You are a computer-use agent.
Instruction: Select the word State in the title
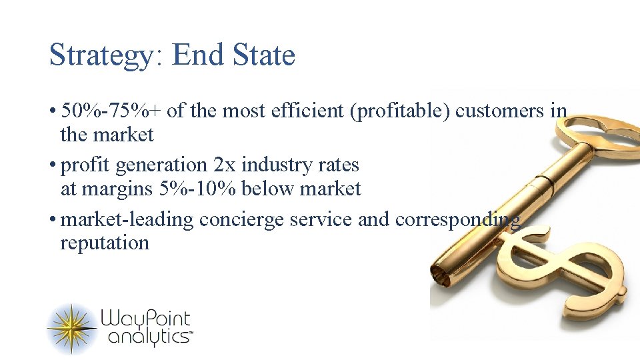point(264,55)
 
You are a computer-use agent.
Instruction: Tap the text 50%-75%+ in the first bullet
point(111,111)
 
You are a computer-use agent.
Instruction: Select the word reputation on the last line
point(105,243)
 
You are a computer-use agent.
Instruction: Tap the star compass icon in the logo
point(71,328)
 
